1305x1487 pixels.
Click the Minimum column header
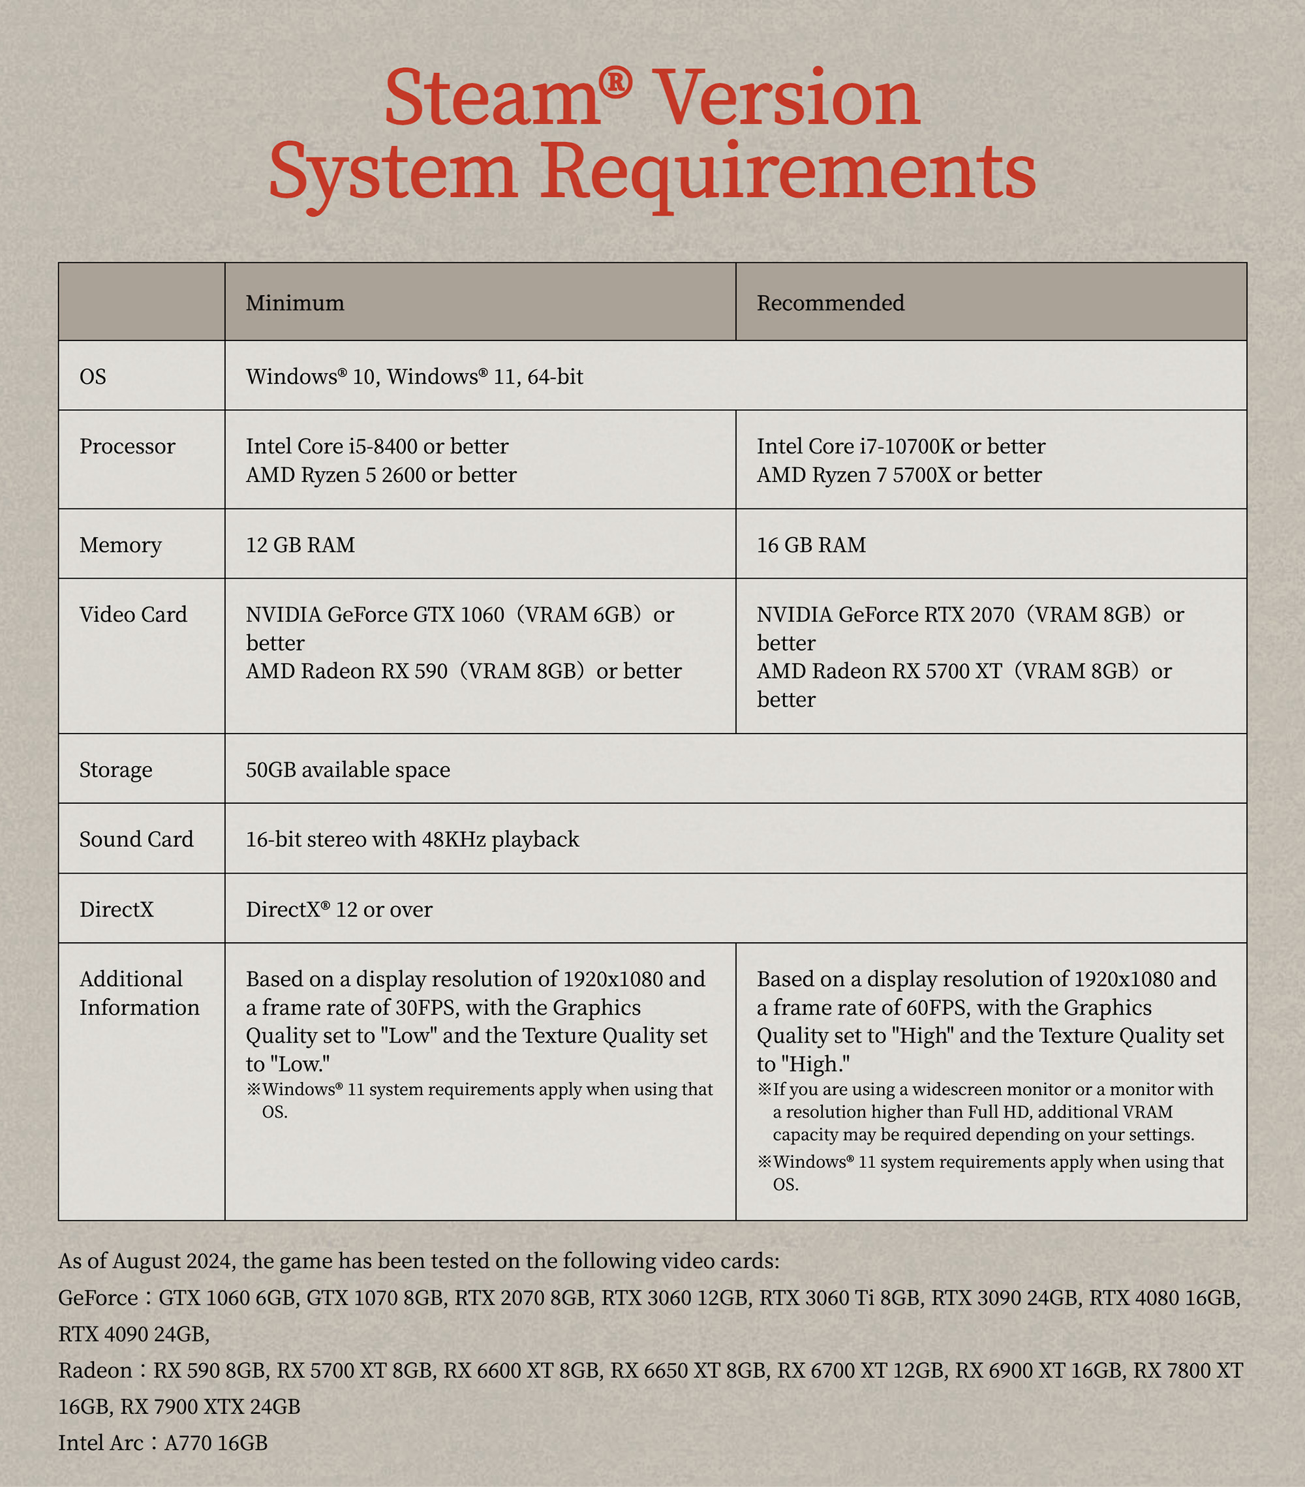click(295, 303)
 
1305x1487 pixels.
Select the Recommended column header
click(830, 303)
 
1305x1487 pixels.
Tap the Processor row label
click(127, 446)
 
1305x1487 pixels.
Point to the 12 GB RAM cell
click(300, 545)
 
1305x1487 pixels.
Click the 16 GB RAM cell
click(811, 545)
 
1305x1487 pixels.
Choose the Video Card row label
click(133, 615)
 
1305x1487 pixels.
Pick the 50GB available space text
click(348, 770)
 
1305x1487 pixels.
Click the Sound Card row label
click(136, 840)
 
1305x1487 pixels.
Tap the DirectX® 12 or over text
click(339, 910)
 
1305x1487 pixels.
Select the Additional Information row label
click(139, 993)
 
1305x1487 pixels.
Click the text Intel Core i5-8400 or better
click(376, 446)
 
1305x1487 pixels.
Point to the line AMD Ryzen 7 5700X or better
click(899, 475)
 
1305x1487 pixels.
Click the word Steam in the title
click(492, 99)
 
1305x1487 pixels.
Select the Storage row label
click(115, 770)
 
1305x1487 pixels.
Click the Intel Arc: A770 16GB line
click(163, 1443)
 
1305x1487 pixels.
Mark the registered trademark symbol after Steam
click(616, 82)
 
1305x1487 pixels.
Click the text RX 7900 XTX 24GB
click(210, 1406)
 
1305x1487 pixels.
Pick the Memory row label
click(120, 545)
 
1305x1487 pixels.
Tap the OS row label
click(93, 377)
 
